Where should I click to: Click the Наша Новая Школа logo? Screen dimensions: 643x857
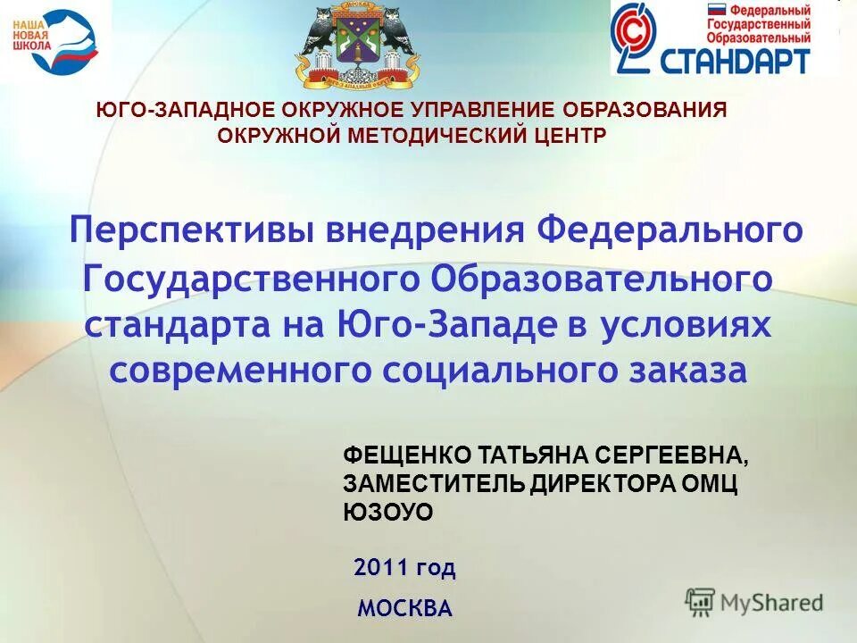point(55,41)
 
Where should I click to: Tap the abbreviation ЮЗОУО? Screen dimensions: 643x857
point(387,512)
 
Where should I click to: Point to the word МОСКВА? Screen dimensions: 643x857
point(404,609)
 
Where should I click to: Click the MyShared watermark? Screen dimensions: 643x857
point(754,602)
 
